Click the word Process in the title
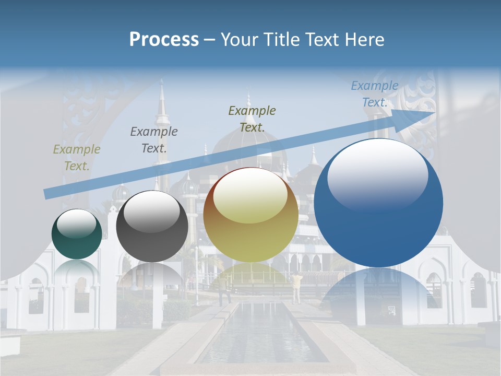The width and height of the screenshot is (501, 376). pos(164,40)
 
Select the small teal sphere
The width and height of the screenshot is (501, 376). pos(77,234)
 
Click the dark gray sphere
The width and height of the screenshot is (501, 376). pos(152,227)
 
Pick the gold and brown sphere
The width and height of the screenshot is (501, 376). pos(250,215)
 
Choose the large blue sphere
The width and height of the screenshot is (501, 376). pos(378,203)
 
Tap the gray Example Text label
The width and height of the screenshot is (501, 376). pos(154,139)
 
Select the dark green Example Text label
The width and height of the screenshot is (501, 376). pos(252,119)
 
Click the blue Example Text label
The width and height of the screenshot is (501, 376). pos(375,94)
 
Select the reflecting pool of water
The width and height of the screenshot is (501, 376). pos(261,334)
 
